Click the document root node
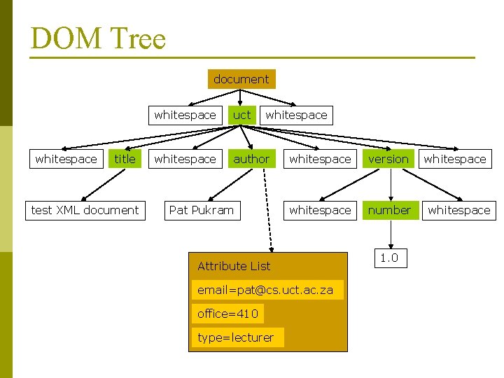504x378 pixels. tap(241, 79)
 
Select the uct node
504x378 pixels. tap(241, 115)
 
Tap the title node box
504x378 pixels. tap(125, 159)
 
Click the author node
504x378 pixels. tap(251, 159)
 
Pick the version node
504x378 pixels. tap(388, 159)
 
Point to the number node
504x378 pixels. tap(390, 210)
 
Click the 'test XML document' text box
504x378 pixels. tap(85, 210)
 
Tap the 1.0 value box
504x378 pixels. tap(389, 258)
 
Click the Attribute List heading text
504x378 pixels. tap(234, 266)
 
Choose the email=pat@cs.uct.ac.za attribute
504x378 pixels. tap(265, 290)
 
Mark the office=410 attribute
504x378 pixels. tap(227, 314)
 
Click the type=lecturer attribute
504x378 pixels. tap(236, 337)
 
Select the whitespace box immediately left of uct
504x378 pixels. tap(185, 115)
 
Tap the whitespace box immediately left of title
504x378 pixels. tap(66, 159)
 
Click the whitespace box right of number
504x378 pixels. tap(459, 210)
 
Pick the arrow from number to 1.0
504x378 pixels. tap(390, 233)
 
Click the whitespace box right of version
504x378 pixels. tap(455, 159)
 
